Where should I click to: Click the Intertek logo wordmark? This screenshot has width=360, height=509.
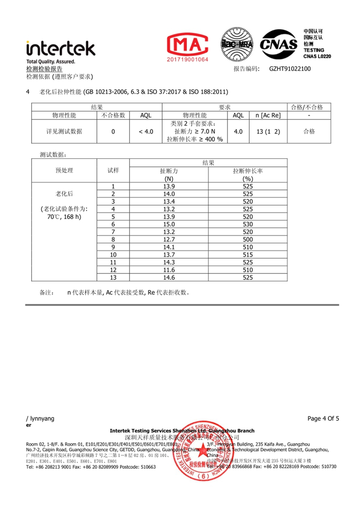coord(61,47)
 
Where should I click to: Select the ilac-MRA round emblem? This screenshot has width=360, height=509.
coord(237,45)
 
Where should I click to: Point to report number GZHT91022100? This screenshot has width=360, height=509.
coord(290,69)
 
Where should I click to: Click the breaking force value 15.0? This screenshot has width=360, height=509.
coord(169,224)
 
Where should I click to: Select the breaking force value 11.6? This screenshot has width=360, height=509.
coord(169,270)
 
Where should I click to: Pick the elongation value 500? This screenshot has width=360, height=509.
coord(248,239)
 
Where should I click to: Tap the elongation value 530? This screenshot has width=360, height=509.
coord(248,224)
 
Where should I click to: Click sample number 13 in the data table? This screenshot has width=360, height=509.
coord(113,277)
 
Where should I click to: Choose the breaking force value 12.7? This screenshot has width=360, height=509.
coord(169,239)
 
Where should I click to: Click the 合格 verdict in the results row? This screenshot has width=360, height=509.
coord(309,131)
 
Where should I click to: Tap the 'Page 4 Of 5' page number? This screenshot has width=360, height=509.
coord(323,418)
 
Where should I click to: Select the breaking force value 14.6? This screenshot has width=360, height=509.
coord(169,277)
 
